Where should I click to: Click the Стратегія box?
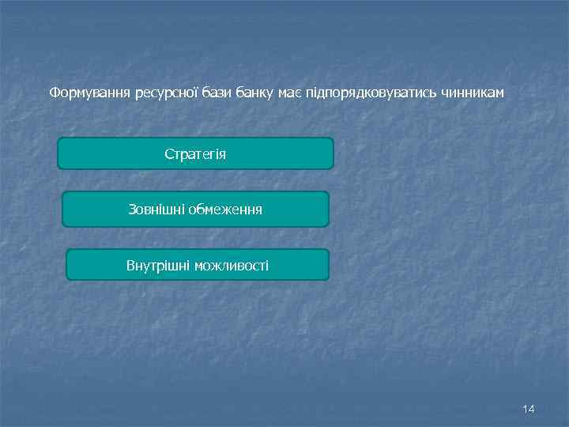pos(195,153)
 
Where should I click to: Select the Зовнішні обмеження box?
pos(195,210)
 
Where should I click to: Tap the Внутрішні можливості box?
pos(197,265)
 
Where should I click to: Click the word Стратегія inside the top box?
pos(195,153)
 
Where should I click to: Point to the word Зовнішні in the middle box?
pos(156,210)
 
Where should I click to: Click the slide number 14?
pos(529,409)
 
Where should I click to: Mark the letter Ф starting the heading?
pos(54,93)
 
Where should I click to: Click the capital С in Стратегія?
pos(168,153)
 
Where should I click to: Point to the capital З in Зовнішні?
pos(132,210)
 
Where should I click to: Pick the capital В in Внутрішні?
pos(130,265)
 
